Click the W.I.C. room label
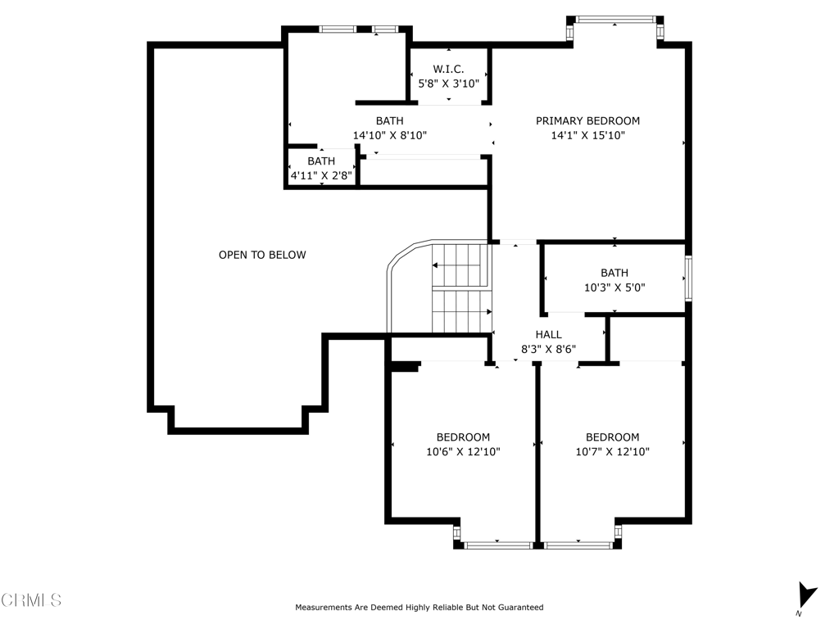pos(448,69)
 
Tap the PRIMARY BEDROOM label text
pos(587,121)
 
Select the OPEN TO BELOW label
pos(262,256)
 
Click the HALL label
pos(548,335)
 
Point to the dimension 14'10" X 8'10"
pos(389,135)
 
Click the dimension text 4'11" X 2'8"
pos(321,175)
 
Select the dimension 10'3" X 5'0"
pos(615,287)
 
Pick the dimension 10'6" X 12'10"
pos(463,452)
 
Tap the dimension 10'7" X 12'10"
pos(612,452)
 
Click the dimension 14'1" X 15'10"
pos(587,135)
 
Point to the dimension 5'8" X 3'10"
pos(448,84)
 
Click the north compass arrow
pos(807,595)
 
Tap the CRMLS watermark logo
pos(31,600)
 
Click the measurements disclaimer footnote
pos(419,608)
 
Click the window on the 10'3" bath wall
pos(688,278)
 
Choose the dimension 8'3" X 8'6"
pos(548,349)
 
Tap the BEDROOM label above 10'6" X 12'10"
pos(463,437)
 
